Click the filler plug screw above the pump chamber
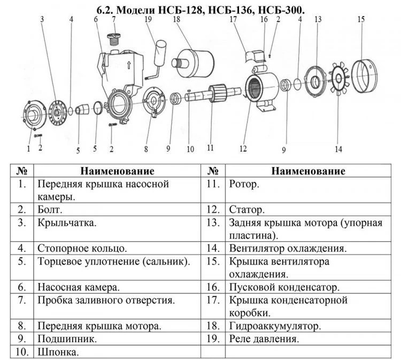[113, 39]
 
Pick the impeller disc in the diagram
[57, 113]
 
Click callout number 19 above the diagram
[148, 19]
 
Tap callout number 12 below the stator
[243, 148]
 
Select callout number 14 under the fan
[338, 149]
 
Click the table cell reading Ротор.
[244, 184]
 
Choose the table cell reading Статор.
[246, 210]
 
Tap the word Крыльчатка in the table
[67, 223]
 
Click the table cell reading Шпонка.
[58, 352]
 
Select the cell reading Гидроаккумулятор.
[275, 326]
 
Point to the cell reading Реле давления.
[264, 339]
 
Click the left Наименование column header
[118, 171]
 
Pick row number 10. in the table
[22, 352]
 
